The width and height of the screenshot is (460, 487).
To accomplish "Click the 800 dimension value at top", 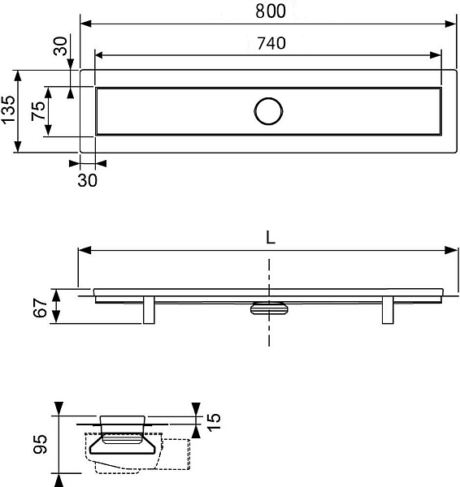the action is tap(271, 11).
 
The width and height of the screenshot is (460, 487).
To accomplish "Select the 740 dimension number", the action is tap(271, 43).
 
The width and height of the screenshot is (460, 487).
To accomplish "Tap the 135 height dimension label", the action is tap(8, 110).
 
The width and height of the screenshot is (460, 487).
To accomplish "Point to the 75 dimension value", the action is tap(38, 111).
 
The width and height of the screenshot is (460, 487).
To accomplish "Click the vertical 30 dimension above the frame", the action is tap(60, 46).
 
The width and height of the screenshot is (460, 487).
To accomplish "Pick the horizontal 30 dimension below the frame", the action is tap(88, 180).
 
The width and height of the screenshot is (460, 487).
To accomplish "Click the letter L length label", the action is tap(271, 238).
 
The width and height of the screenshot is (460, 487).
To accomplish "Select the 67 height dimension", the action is tap(40, 308).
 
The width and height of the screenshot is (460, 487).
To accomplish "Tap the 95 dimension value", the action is tap(41, 445).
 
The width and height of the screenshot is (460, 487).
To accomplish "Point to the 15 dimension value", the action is tap(214, 422).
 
